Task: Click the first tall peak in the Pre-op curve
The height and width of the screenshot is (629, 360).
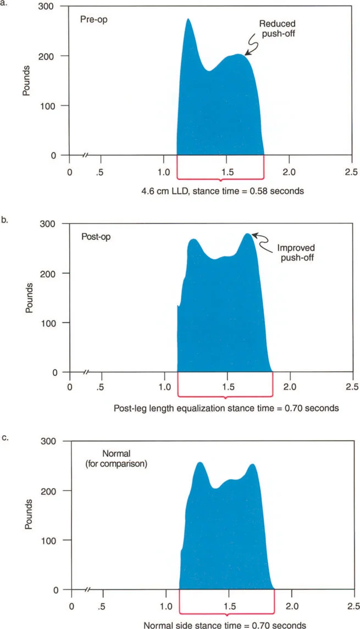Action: [188, 20]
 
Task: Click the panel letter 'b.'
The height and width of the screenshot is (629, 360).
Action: [5, 220]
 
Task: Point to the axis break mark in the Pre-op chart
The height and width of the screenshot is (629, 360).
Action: [85, 155]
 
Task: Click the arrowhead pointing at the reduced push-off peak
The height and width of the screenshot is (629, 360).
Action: [246, 53]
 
